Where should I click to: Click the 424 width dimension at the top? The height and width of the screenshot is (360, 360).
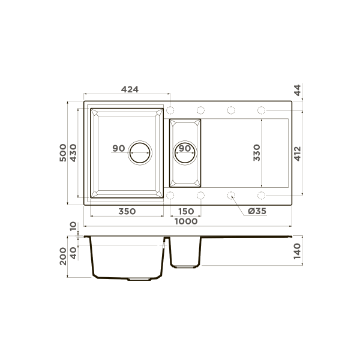130,89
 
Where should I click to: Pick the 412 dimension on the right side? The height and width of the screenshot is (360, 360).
296,153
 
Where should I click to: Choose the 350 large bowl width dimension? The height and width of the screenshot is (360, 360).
126,211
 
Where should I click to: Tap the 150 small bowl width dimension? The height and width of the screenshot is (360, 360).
186,211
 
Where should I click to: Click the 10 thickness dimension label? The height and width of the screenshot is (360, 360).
73,226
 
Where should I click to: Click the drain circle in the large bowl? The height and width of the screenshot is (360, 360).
142,153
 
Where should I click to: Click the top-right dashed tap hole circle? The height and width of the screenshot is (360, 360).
262,110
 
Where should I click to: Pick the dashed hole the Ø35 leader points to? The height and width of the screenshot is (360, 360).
231,195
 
